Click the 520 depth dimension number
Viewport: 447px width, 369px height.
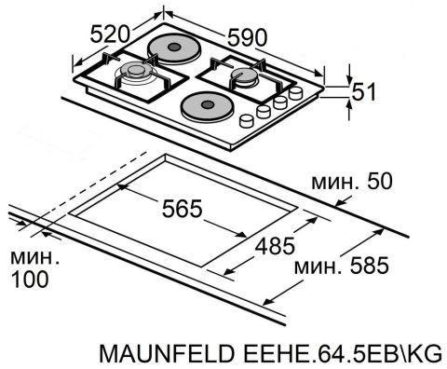click(110, 34)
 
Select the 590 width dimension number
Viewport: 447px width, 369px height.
click(247, 37)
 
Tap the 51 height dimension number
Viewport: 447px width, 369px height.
click(364, 91)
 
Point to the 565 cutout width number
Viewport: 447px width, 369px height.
click(182, 208)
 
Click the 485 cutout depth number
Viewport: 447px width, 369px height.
click(275, 246)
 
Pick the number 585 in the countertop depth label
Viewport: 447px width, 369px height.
click(369, 266)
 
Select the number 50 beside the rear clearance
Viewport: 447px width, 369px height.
click(380, 181)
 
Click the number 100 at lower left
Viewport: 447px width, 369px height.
click(30, 279)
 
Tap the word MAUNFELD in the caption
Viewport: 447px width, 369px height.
click(167, 353)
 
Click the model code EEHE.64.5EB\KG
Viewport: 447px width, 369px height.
click(343, 353)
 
